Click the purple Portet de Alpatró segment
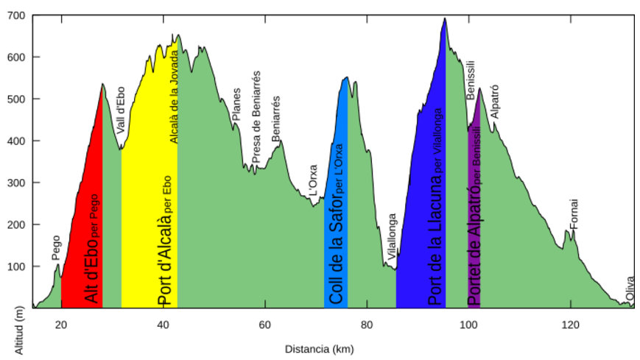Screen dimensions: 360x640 click(474, 221)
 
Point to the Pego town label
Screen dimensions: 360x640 click(56, 247)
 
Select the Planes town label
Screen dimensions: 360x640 click(236, 106)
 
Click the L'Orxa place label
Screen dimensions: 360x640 click(313, 181)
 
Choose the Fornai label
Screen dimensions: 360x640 click(574, 213)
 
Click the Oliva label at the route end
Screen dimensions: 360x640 click(630, 289)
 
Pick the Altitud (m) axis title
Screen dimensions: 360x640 click(20, 331)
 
